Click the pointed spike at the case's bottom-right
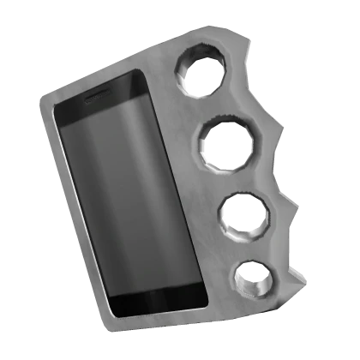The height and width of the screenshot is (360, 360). pos(303,279)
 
